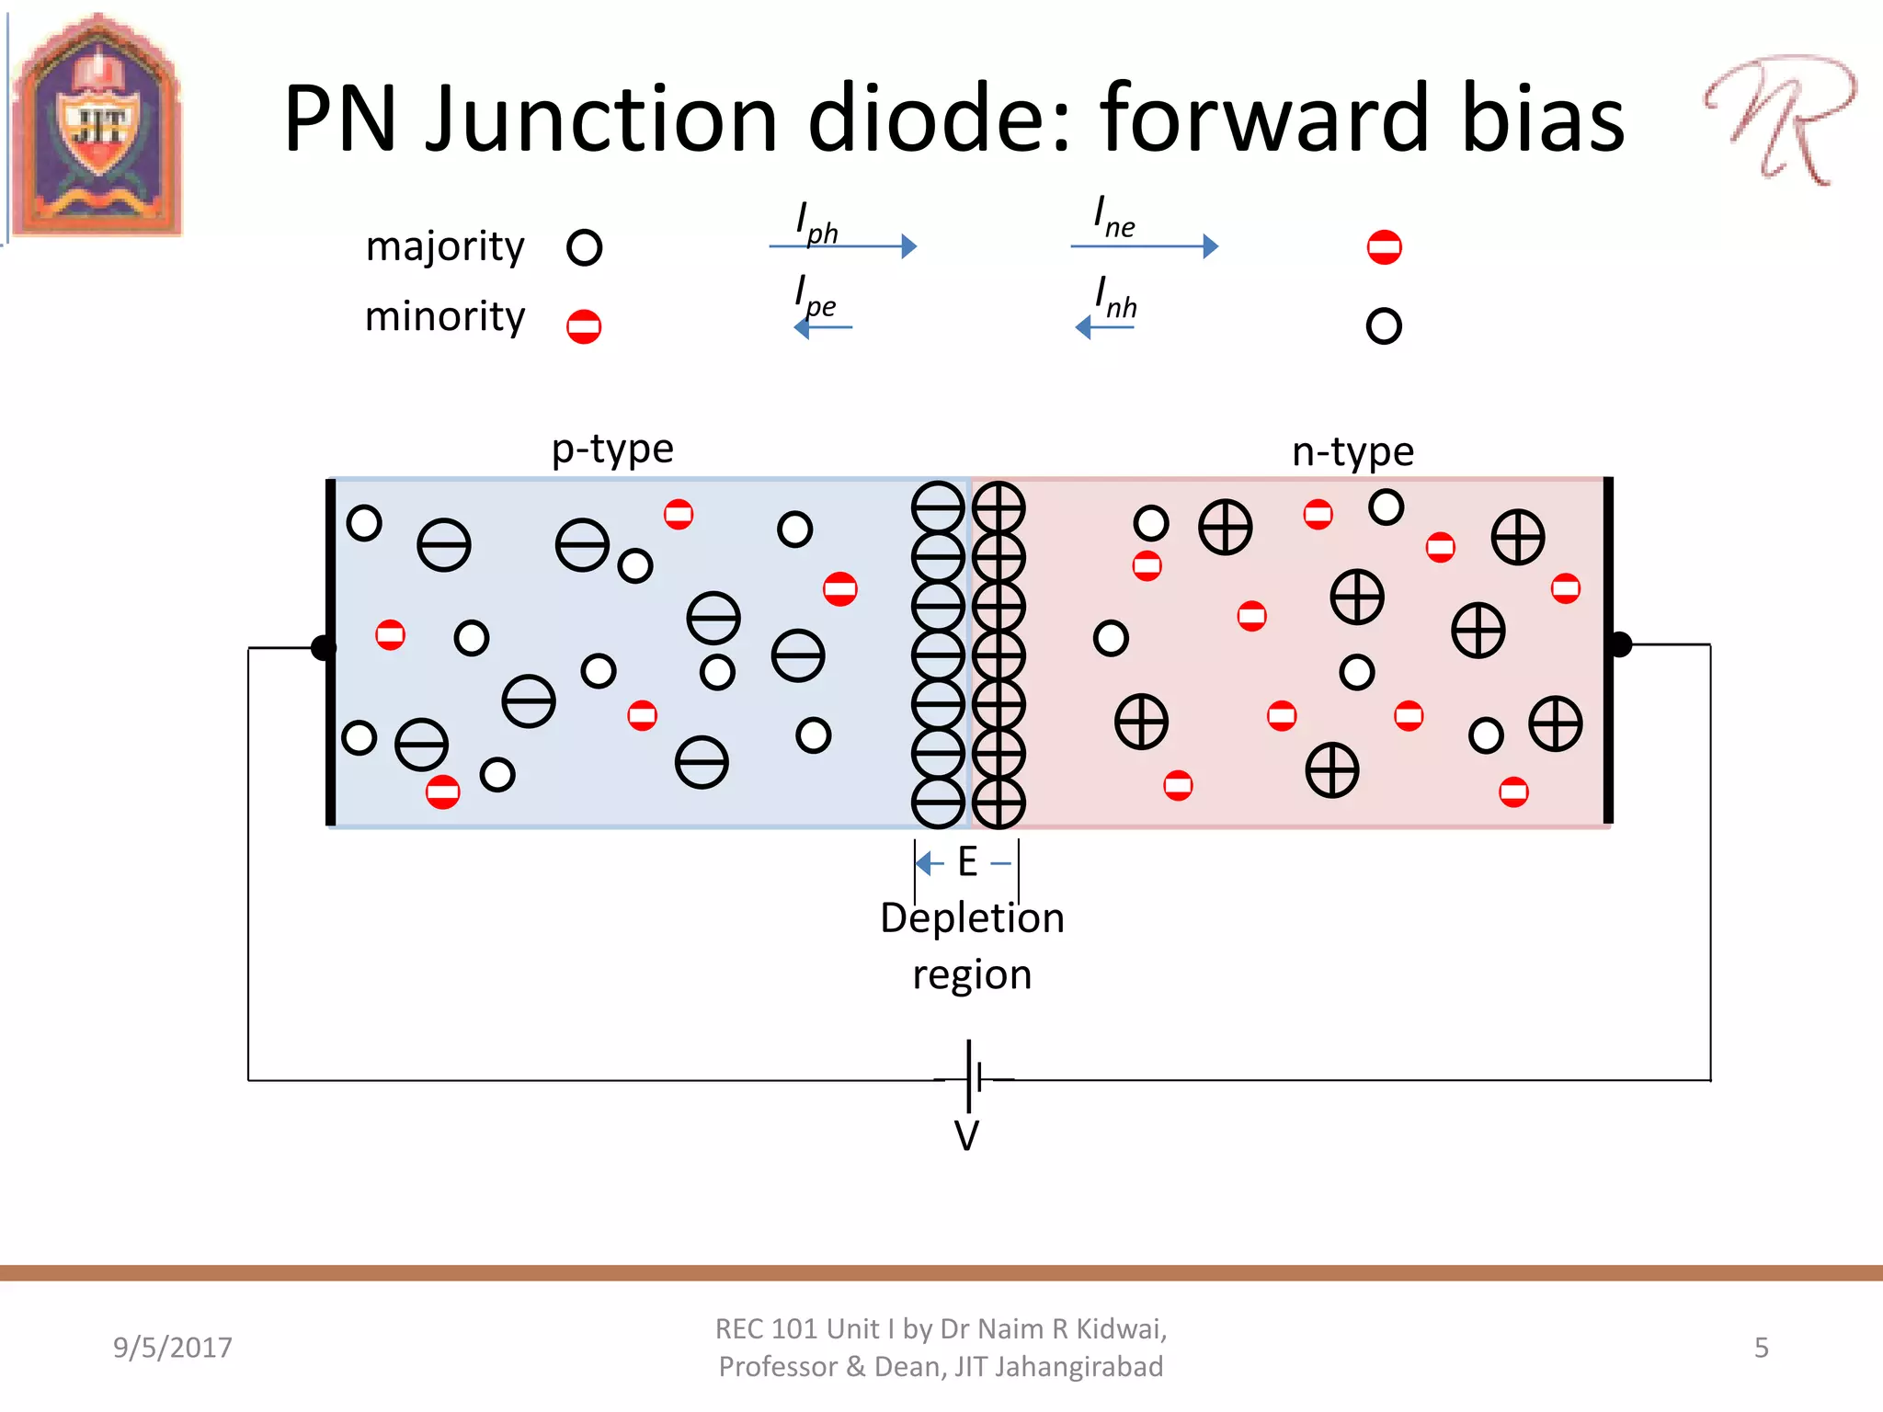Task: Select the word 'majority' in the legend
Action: (x=445, y=246)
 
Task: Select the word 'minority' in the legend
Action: (x=445, y=317)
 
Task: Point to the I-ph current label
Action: (x=816, y=222)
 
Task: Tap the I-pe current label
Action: (x=816, y=297)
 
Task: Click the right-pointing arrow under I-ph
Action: (x=843, y=246)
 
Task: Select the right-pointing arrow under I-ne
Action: (x=1145, y=246)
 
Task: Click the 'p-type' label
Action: (x=612, y=450)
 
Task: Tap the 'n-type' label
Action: (x=1352, y=452)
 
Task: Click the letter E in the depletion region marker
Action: (x=967, y=862)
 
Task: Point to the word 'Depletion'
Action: (x=972, y=918)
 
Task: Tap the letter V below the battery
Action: (x=966, y=1136)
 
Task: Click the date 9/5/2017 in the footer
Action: (x=173, y=1348)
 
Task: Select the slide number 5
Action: (x=1761, y=1348)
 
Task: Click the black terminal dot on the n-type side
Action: (x=1620, y=644)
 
